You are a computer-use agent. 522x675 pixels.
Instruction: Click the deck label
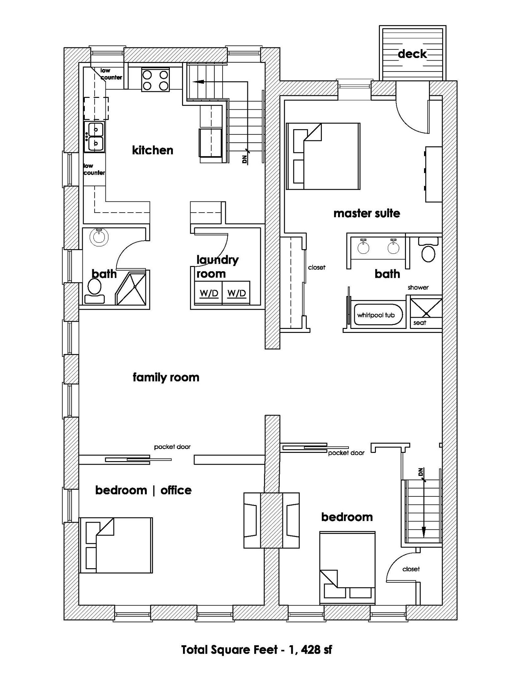[412, 54]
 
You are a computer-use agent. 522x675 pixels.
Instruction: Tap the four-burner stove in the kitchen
[155, 80]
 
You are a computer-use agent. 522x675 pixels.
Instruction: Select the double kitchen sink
[95, 136]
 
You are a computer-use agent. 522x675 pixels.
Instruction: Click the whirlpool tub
[376, 315]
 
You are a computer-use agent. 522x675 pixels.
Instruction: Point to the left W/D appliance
[209, 293]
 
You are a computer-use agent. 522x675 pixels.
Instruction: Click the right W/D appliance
[236, 293]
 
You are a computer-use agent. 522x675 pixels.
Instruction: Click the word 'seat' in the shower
[419, 323]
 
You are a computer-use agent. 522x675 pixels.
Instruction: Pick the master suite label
[367, 213]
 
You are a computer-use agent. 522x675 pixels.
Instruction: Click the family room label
[166, 377]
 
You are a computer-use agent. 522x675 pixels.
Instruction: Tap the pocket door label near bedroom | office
[172, 447]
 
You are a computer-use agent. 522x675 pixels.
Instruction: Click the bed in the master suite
[323, 157]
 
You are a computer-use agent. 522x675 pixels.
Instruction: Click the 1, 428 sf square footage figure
[310, 650]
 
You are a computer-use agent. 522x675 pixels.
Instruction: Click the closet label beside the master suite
[317, 267]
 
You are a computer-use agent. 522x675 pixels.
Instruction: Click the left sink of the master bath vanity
[363, 246]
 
